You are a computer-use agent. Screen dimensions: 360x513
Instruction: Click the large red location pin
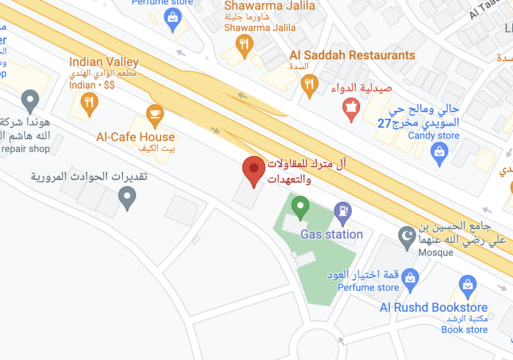[x=254, y=169]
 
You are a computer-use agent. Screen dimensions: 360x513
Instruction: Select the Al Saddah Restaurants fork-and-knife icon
[x=309, y=83]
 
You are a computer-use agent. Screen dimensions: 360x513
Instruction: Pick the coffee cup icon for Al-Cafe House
[x=155, y=114]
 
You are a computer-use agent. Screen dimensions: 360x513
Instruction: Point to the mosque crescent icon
[x=407, y=235]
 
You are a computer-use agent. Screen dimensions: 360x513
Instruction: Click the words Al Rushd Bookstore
[x=433, y=307]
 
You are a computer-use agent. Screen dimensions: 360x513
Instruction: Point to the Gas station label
[x=331, y=234]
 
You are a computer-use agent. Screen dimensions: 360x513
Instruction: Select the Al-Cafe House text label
[x=136, y=137]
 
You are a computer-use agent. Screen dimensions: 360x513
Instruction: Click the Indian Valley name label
[x=104, y=62]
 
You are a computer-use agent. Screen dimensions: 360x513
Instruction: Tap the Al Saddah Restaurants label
[x=352, y=55]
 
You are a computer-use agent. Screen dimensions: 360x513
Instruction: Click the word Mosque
[x=436, y=253]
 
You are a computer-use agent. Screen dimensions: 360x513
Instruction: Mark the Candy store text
[x=433, y=136]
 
